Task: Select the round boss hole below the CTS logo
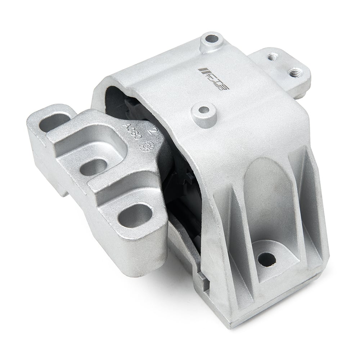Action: tap(204, 109)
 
